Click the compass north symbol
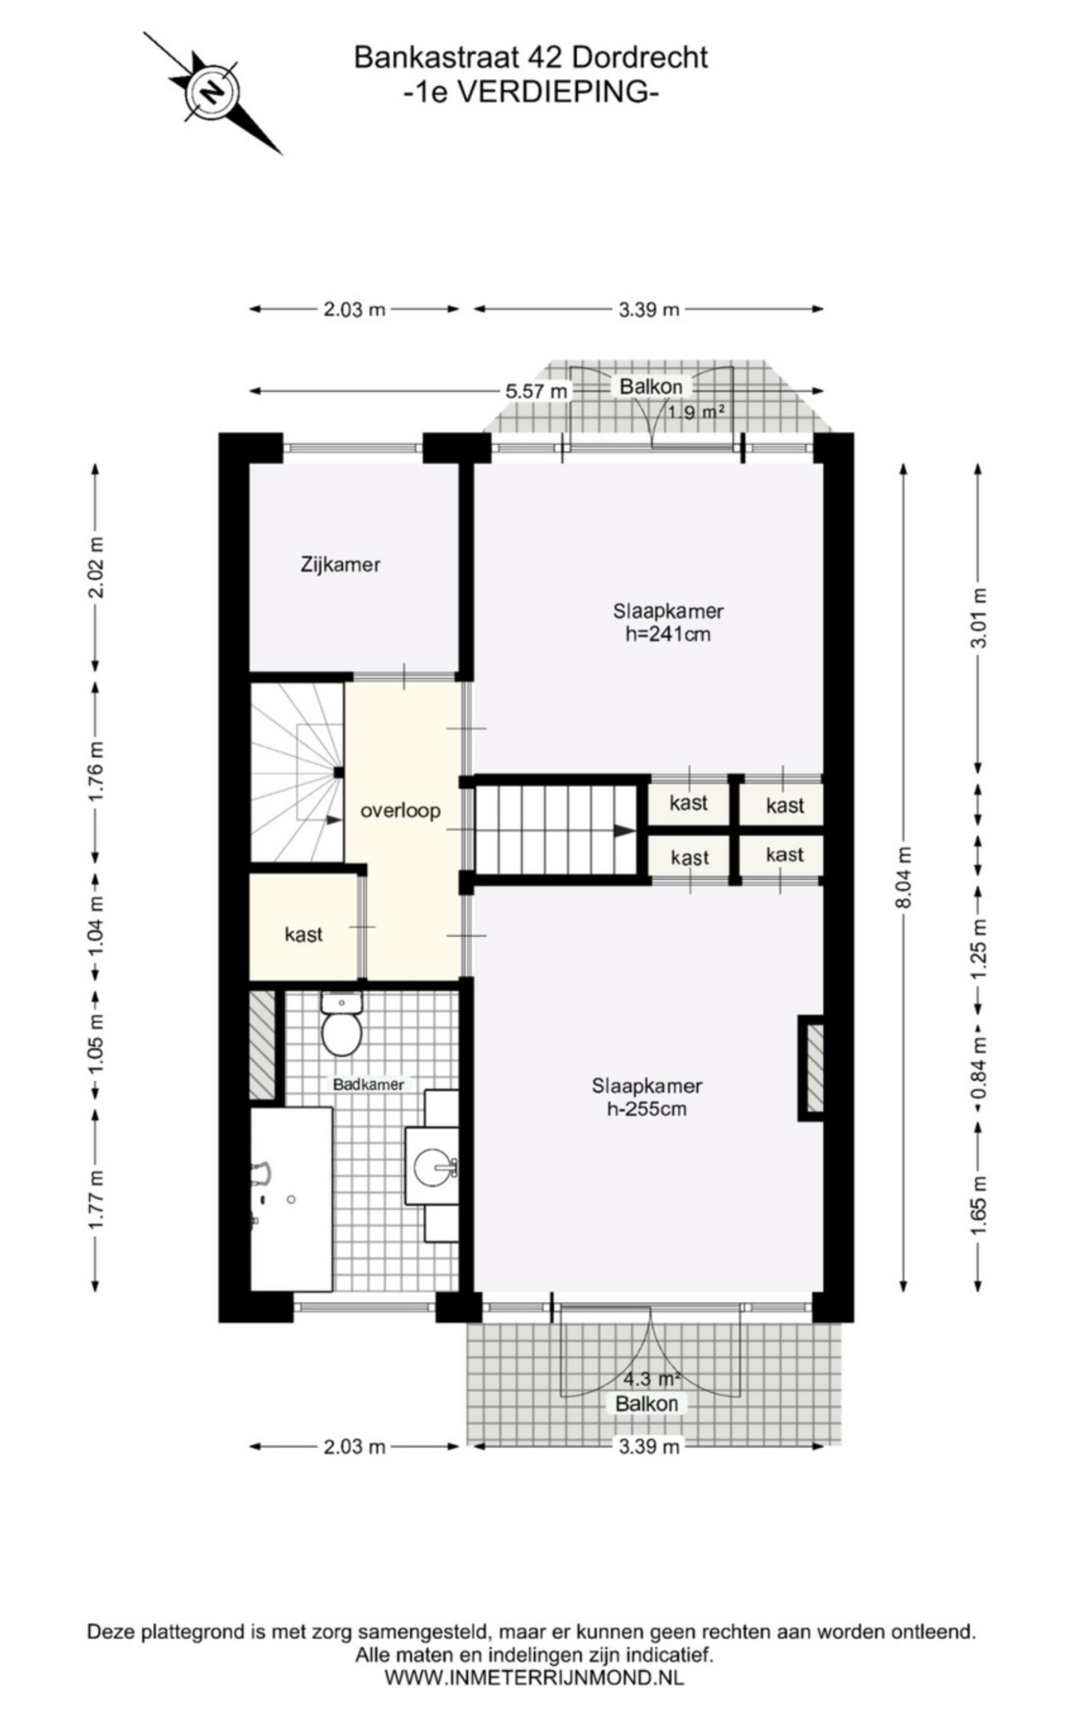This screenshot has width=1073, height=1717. click(212, 93)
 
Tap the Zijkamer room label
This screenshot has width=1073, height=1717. click(341, 565)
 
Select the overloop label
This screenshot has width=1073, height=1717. click(400, 810)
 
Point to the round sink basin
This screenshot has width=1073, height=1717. click(431, 1167)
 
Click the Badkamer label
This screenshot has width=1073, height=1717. click(369, 1084)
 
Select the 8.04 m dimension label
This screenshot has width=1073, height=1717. click(903, 878)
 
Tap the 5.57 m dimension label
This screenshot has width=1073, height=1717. click(536, 391)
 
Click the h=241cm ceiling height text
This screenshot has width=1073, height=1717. click(668, 634)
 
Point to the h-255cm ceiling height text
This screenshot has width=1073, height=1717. click(646, 1109)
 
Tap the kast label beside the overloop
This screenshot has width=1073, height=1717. click(304, 934)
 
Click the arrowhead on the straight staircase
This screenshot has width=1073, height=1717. click(624, 830)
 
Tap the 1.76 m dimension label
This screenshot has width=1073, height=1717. click(96, 771)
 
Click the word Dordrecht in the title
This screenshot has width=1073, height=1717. click(639, 57)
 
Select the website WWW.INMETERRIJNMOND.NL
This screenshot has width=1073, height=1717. click(534, 1677)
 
